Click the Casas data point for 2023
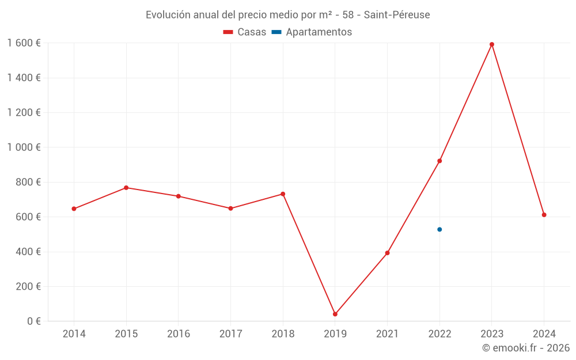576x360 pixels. (x=492, y=44)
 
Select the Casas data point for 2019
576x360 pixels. (x=335, y=314)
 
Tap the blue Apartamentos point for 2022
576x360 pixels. (x=439, y=229)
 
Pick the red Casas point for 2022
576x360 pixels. (x=439, y=161)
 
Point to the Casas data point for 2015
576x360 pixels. (x=126, y=188)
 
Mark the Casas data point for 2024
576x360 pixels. (x=544, y=215)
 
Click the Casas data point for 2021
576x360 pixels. (x=388, y=253)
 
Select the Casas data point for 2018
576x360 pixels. (x=283, y=194)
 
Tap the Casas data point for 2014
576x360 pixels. (x=74, y=209)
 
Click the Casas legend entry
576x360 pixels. (x=245, y=32)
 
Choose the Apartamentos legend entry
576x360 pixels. (x=312, y=32)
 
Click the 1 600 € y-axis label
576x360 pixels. (x=24, y=43)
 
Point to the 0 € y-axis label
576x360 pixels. (x=32, y=321)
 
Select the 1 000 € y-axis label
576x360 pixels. (x=24, y=147)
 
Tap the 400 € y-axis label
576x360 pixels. (x=29, y=252)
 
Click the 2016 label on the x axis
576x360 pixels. (x=179, y=334)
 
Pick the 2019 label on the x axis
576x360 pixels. (x=335, y=334)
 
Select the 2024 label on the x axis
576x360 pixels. (x=544, y=334)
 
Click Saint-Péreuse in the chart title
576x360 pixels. (x=397, y=15)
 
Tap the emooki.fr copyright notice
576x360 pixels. (x=526, y=348)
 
